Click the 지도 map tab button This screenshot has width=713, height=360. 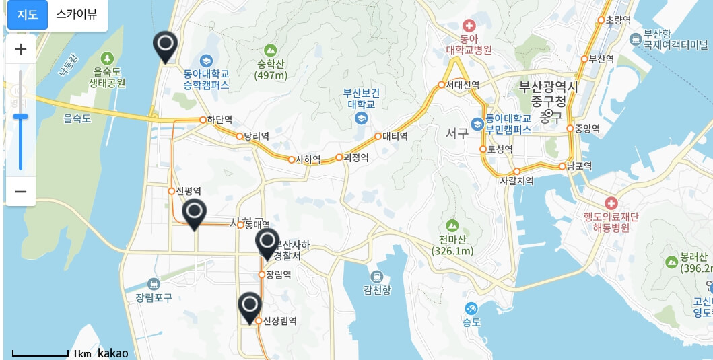tap(27, 14)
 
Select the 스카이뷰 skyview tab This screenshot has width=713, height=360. tap(77, 14)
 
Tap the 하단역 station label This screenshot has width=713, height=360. tap(219, 120)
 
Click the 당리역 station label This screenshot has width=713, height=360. tap(256, 136)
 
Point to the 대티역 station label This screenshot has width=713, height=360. tap(395, 136)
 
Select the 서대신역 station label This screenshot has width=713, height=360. tap(463, 85)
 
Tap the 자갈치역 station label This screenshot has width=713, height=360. tap(516, 181)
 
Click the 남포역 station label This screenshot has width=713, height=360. tap(579, 166)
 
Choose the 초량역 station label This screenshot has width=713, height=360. tap(618, 20)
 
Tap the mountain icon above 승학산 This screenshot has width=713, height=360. tap(271, 50)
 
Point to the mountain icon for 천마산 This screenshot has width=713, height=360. tap(452, 225)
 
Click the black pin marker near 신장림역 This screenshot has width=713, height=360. tap(250, 306)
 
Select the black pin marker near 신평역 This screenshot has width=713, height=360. tap(195, 213)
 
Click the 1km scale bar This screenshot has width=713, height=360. tap(40, 353)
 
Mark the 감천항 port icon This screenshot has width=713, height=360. tap(376, 276)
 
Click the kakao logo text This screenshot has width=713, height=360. tap(112, 353)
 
